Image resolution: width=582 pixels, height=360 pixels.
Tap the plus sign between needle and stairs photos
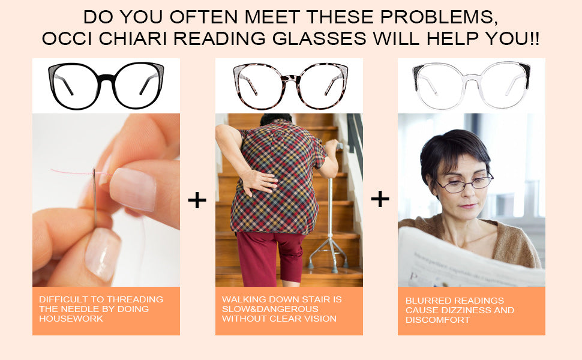click(197, 200)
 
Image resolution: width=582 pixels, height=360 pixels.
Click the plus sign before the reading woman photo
click(380, 199)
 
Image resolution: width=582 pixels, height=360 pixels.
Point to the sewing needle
click(95, 197)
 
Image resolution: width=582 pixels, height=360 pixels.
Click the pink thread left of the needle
click(71, 172)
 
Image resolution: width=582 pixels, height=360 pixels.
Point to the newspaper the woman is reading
click(472, 260)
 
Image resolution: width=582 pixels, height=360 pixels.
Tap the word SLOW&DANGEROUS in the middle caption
click(270, 309)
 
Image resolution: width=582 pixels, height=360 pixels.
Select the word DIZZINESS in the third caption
click(469, 310)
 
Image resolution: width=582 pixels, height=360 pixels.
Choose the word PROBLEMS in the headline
click(439, 17)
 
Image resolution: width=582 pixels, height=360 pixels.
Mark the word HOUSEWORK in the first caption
click(71, 319)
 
